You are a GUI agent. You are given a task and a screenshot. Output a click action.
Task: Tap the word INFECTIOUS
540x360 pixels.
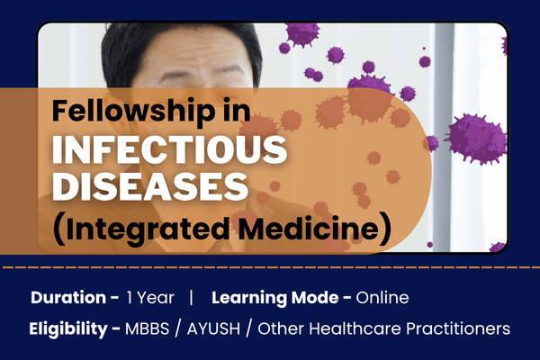pos(170,149)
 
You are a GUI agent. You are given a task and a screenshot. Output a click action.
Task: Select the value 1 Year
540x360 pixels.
pos(145,297)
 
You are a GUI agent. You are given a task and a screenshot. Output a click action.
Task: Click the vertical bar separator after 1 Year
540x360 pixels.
pos(191,297)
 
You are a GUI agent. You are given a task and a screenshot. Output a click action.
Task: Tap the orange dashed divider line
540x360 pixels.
pos(270,267)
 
